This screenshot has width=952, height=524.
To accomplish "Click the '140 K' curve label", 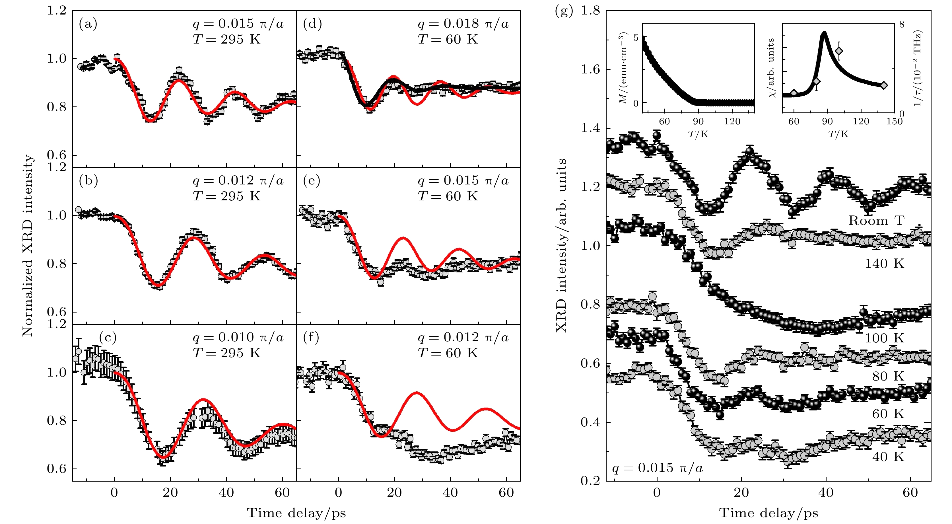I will pyautogui.click(x=884, y=264).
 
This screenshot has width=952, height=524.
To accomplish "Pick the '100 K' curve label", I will pyautogui.click(x=884, y=338).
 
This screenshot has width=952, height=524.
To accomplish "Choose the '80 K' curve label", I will pyautogui.click(x=888, y=377).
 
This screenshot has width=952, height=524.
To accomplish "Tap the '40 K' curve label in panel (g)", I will pyautogui.click(x=888, y=457).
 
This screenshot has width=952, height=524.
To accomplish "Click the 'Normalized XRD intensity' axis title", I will pyautogui.click(x=27, y=246).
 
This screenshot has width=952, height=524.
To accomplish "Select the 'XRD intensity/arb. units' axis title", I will pyautogui.click(x=561, y=246).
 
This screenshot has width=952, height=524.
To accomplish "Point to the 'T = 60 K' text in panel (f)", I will pyautogui.click(x=448, y=353).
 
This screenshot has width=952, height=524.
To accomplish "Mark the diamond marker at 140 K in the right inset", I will pyautogui.click(x=884, y=85).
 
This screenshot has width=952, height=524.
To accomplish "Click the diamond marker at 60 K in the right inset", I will pyautogui.click(x=794, y=93).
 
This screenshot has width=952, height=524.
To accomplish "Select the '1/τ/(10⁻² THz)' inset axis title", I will pyautogui.click(x=917, y=68).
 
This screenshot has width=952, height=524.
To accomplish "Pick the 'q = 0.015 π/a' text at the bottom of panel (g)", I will pyautogui.click(x=658, y=468).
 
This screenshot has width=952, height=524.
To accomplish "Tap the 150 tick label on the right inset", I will pyautogui.click(x=894, y=122).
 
